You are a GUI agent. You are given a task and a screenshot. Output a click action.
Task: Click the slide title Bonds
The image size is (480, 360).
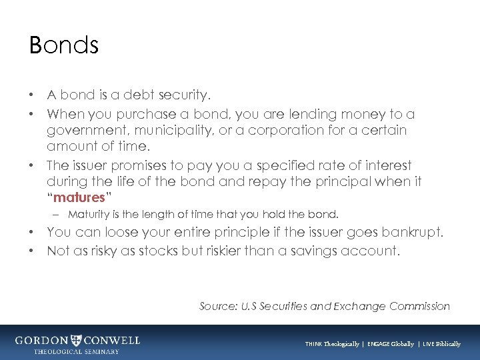tap(64, 45)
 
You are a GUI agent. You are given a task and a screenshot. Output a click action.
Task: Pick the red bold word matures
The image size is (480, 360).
tap(79, 197)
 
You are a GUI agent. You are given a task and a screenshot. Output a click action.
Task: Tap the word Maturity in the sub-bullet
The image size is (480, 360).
tap(89, 215)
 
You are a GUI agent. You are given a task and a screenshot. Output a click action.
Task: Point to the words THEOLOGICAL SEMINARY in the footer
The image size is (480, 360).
tap(77, 351)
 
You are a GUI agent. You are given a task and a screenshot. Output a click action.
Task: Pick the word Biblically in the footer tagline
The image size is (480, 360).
tap(445, 344)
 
